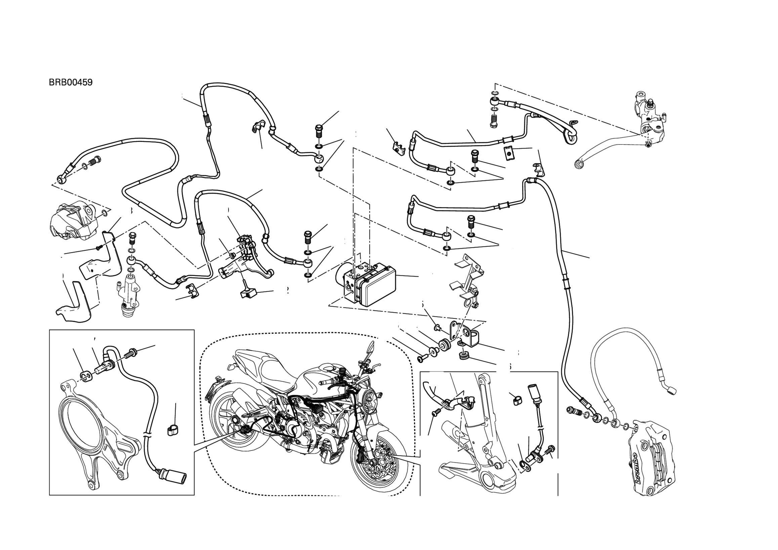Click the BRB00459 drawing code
coord(71,82)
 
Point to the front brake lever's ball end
coord(580,164)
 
